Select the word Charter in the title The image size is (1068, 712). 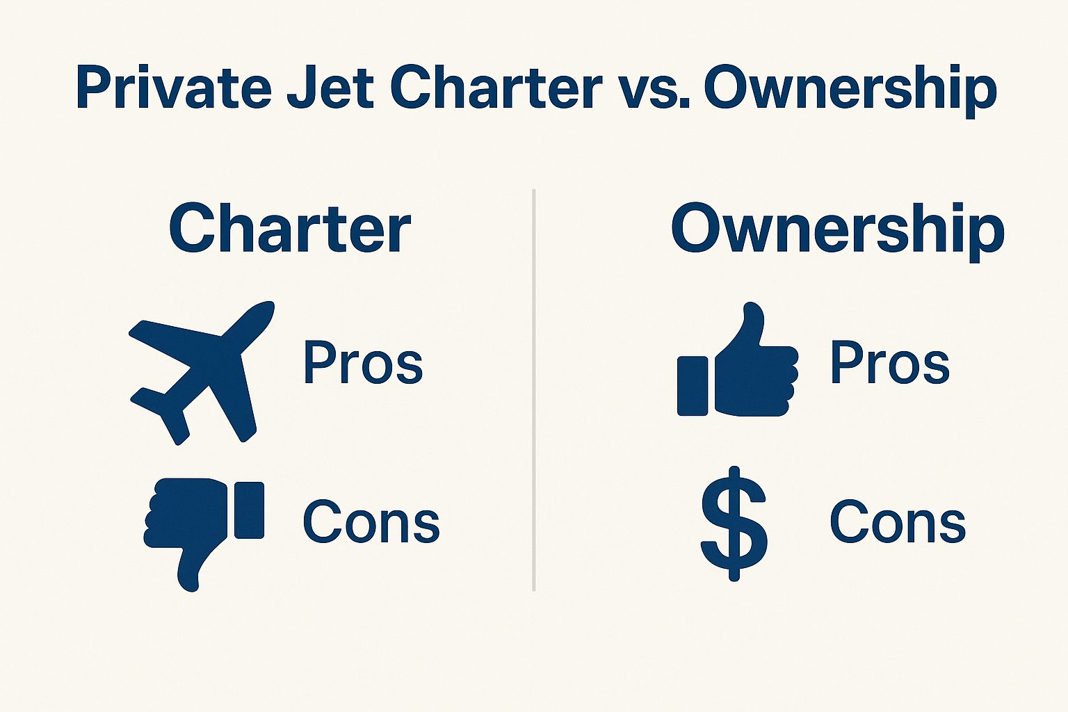point(495,89)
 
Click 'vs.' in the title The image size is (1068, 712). point(652,89)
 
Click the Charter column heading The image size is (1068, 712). point(289,229)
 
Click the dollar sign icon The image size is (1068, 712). point(734,523)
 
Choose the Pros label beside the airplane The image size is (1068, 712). point(363,363)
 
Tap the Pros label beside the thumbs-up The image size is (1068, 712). point(890,363)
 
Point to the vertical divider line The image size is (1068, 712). point(533,389)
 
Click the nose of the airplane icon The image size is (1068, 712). point(265,310)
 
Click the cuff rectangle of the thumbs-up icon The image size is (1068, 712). point(693,386)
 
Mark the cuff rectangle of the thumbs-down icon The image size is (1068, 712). point(249,510)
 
